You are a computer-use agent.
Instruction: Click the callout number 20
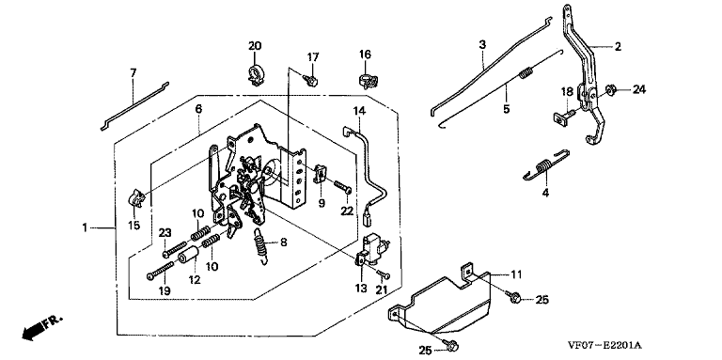[255, 46]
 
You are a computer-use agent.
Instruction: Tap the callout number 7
[133, 72]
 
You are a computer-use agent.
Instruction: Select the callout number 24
[638, 90]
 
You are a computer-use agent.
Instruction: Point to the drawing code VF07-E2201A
[604, 345]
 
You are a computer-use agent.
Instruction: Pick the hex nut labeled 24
[611, 89]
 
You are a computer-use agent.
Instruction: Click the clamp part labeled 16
[366, 80]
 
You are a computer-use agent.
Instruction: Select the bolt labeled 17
[311, 81]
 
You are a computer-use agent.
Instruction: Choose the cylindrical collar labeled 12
[188, 255]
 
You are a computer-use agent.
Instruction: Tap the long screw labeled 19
[160, 270]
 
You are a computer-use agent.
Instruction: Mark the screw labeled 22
[343, 187]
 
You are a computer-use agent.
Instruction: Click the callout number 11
[516, 274]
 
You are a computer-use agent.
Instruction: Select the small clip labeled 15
[136, 198]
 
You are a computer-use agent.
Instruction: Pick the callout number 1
[85, 227]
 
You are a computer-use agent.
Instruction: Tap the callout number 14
[359, 111]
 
